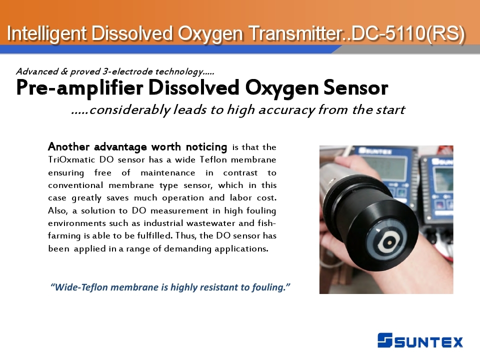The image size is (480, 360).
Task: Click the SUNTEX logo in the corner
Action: tap(420, 340)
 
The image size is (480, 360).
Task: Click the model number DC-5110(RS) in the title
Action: tap(408, 33)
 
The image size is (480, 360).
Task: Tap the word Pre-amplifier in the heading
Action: tap(79, 88)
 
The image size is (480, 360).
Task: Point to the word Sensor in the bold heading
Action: tap(355, 88)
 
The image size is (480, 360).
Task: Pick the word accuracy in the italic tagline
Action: tap(286, 110)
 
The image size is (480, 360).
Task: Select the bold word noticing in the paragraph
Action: tap(206, 147)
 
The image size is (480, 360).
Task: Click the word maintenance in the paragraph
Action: tap(168, 173)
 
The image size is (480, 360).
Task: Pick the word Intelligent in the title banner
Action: tap(46, 33)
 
